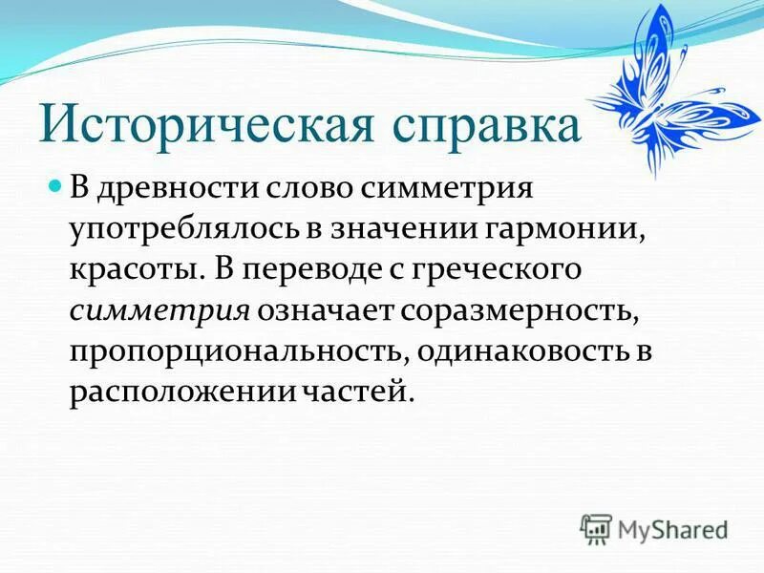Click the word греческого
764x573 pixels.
[x=501, y=269]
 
